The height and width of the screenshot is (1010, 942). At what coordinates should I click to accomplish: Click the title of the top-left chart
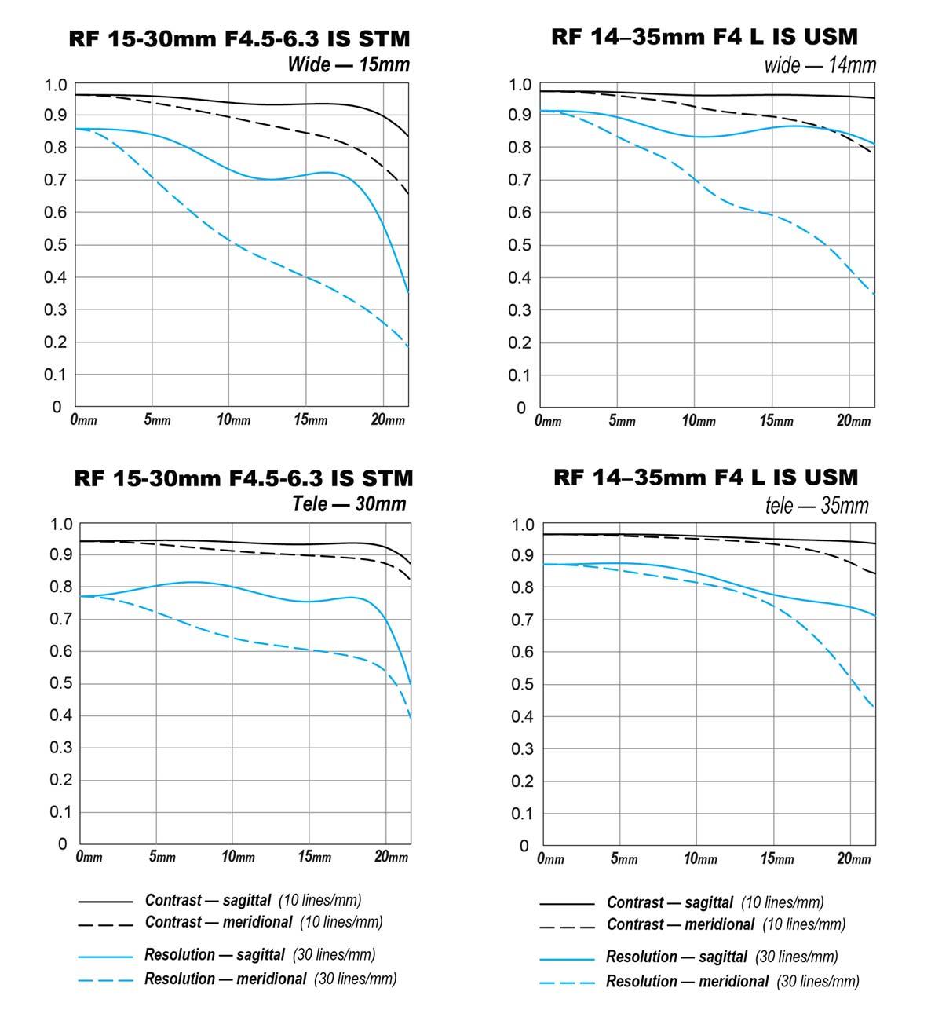click(x=239, y=39)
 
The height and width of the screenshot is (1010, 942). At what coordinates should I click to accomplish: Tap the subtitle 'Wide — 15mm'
click(x=349, y=64)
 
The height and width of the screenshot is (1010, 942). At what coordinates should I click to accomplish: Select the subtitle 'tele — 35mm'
click(x=817, y=505)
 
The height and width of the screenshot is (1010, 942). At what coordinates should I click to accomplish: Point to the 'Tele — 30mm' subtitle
click(x=349, y=503)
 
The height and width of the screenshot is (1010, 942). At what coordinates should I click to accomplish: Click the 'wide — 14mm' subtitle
click(x=820, y=65)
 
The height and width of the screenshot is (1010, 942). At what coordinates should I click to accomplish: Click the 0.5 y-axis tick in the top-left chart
click(x=55, y=245)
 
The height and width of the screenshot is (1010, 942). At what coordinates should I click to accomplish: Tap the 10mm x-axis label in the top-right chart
click(x=698, y=421)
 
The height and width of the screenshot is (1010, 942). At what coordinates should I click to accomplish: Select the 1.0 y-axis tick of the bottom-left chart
click(x=60, y=524)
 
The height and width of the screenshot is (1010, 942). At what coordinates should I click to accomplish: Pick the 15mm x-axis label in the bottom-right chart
click(x=776, y=858)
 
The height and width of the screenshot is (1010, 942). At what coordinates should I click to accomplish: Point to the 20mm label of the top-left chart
click(x=388, y=420)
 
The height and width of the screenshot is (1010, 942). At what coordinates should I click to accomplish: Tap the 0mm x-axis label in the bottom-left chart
click(x=89, y=856)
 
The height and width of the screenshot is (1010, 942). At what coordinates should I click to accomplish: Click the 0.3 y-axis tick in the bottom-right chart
click(x=522, y=748)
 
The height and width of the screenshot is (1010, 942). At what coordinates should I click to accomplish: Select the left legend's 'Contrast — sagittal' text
click(x=208, y=900)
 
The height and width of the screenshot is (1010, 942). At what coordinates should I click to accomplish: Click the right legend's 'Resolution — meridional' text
click(x=687, y=981)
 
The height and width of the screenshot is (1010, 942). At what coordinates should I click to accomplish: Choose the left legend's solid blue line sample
click(x=105, y=957)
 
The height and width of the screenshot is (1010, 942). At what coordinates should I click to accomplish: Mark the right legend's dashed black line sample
click(x=567, y=927)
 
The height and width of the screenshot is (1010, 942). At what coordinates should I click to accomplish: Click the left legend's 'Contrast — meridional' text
click(x=218, y=922)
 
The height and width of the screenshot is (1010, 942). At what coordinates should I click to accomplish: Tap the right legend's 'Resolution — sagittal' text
click(x=676, y=957)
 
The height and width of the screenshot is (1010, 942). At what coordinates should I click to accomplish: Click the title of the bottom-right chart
click(x=706, y=478)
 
